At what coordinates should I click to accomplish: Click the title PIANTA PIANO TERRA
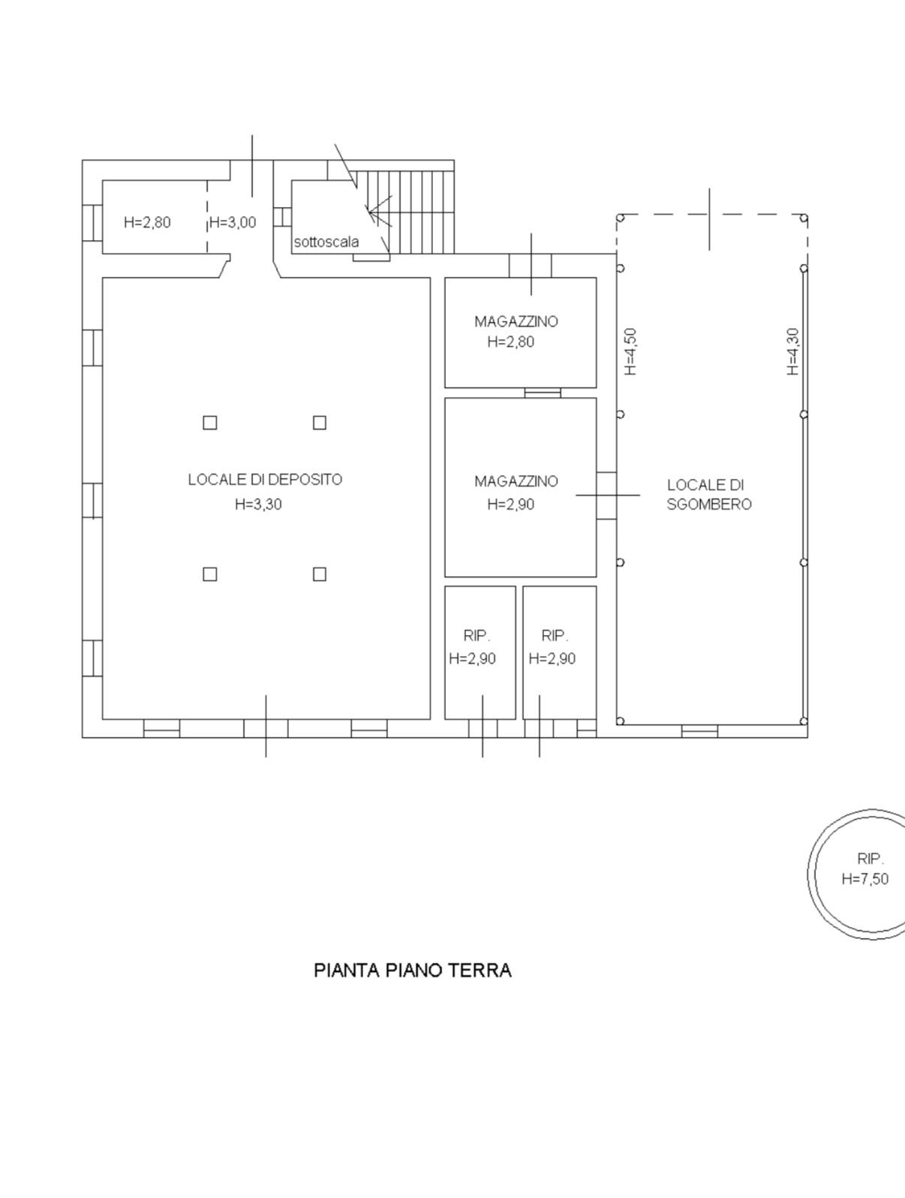pos(413,970)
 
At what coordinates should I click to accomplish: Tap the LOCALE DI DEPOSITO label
pos(265,479)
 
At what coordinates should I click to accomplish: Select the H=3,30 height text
pos(259,504)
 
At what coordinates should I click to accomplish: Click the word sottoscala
pos(326,242)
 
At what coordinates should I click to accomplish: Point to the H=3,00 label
pos(233,222)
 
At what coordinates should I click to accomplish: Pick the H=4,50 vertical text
pos(630,351)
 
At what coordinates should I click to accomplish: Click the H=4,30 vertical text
pos(792,351)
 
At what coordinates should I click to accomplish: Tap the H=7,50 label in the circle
pos(865,894)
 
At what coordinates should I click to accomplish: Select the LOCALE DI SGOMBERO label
pos(709,494)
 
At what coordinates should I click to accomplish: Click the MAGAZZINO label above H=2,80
pos(516,321)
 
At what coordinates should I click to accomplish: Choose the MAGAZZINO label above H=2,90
pos(516,481)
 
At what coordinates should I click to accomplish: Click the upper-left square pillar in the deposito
pos(210,423)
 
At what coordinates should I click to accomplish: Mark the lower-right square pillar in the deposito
pos(320,574)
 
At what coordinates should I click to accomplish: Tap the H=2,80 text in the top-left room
pos(147,222)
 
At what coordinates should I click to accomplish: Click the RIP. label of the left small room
pos(477,635)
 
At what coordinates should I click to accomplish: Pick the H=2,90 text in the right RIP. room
pos(552,659)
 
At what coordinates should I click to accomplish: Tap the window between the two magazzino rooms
pos(543,393)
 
